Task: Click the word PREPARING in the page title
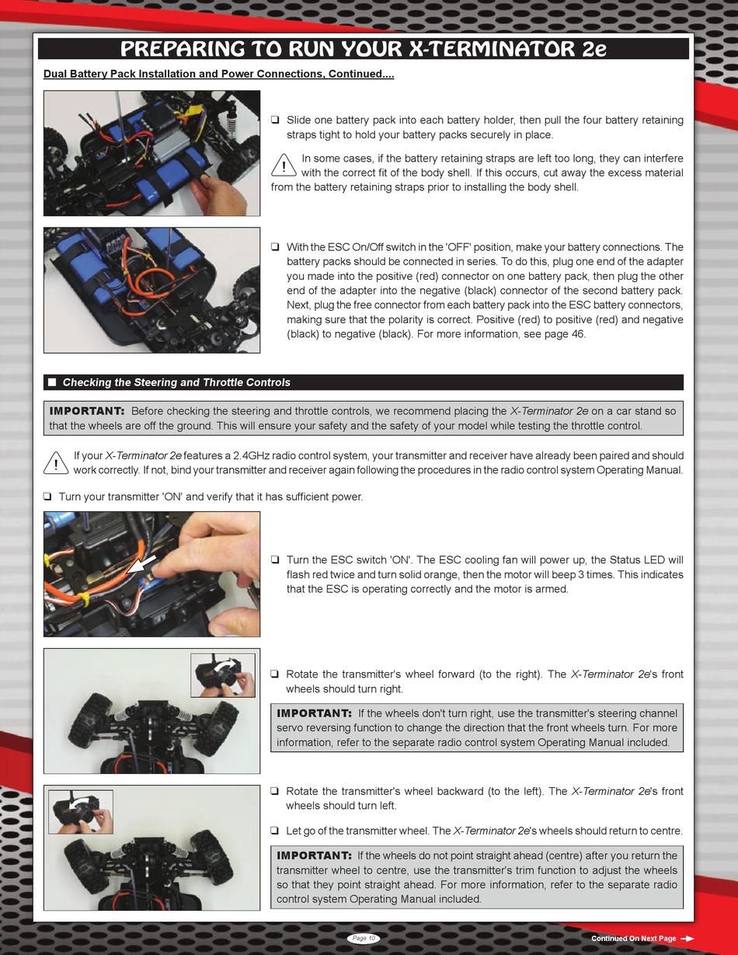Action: coord(183,49)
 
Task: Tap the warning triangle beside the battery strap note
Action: coord(284,166)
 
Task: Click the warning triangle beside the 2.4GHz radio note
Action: coord(56,463)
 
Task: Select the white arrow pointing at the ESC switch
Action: coord(141,564)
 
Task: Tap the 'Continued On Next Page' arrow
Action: coord(687,939)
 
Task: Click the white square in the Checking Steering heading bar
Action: coord(52,382)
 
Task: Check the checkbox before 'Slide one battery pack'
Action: coord(275,120)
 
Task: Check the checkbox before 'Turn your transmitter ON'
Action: coord(47,497)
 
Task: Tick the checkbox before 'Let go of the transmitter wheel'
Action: coord(275,831)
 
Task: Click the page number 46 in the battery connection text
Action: coord(578,334)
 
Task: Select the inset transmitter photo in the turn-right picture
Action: coord(223,675)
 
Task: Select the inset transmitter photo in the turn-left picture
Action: coord(81,812)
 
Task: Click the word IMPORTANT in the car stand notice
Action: coord(87,411)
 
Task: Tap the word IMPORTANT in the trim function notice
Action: coord(314,856)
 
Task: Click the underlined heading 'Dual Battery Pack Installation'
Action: coord(219,74)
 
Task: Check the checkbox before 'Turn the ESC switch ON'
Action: coord(275,559)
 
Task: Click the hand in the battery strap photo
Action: coord(220,193)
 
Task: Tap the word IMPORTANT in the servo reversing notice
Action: coord(314,713)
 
